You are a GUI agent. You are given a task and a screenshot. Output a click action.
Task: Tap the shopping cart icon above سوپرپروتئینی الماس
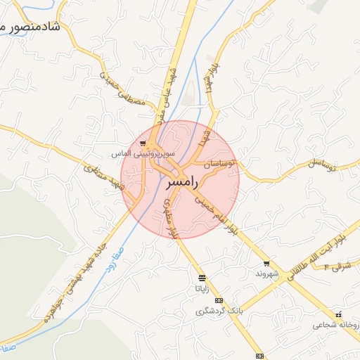click(x=143, y=143)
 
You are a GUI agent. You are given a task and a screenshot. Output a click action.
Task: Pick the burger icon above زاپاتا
click(x=202, y=278)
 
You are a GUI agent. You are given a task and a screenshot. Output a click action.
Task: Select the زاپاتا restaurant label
click(x=202, y=288)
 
